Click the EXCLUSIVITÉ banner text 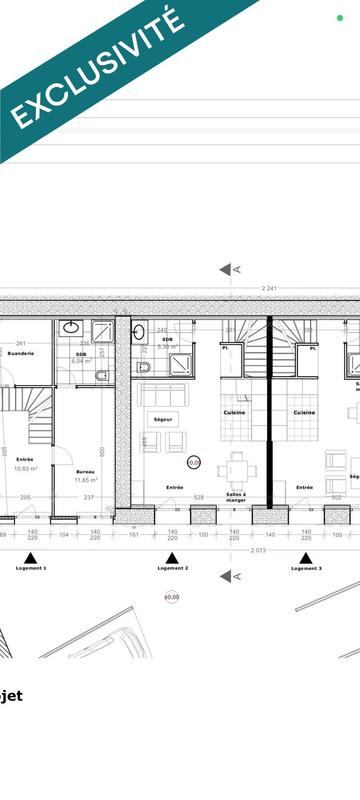pyautogui.click(x=97, y=68)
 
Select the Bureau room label pyautogui.click(x=85, y=470)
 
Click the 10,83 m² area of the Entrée pyautogui.click(x=25, y=468)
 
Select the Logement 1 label pyautogui.click(x=31, y=568)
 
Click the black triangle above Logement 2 pyautogui.click(x=172, y=557)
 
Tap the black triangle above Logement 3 pyautogui.click(x=307, y=557)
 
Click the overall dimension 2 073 pyautogui.click(x=257, y=551)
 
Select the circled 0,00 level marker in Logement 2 pyautogui.click(x=194, y=462)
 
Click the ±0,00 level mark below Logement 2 pyautogui.click(x=172, y=597)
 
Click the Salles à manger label pyautogui.click(x=236, y=498)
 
